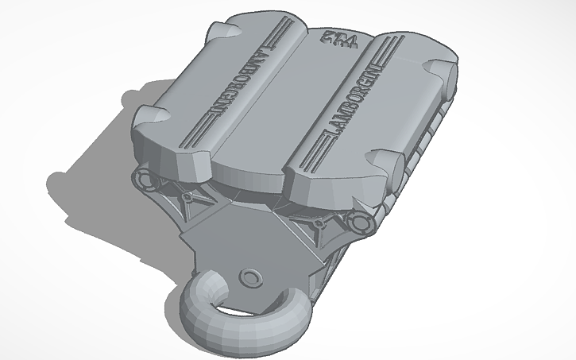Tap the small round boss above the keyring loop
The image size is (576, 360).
point(252,277)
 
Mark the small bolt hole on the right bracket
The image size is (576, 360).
point(318,224)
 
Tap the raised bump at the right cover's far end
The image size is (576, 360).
point(436,64)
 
